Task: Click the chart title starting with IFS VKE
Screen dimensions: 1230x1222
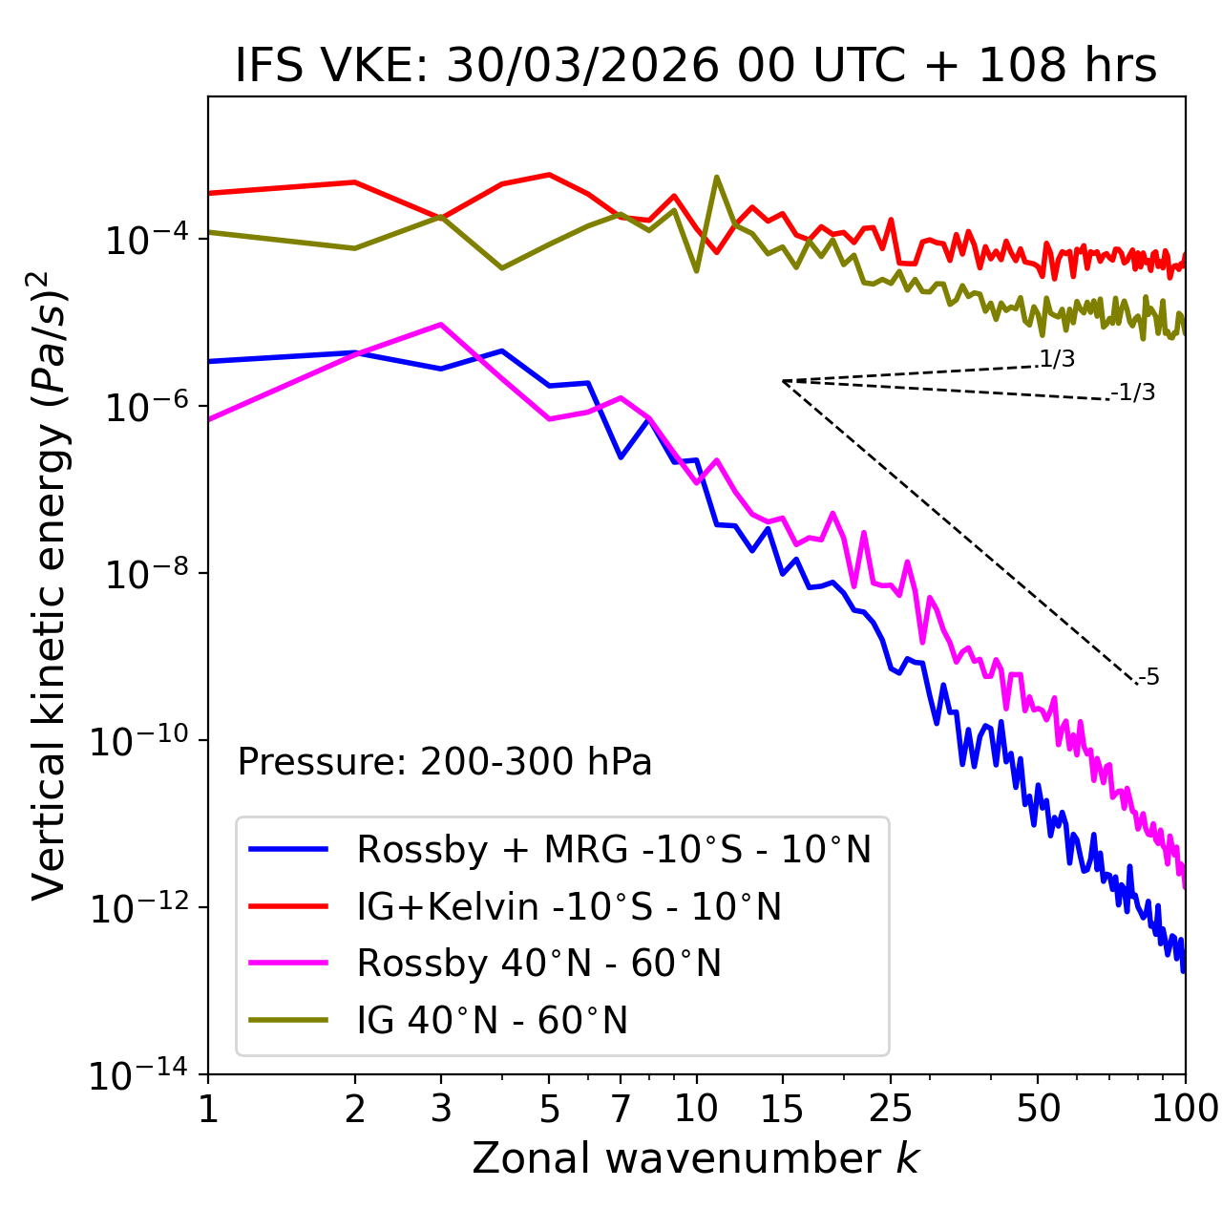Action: (x=696, y=67)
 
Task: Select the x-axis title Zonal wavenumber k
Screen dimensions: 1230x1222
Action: (x=696, y=1159)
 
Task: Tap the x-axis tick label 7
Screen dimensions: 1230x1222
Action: (x=621, y=1109)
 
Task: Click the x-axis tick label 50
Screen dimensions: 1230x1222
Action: (x=1038, y=1109)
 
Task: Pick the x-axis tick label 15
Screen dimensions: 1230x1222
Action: (x=782, y=1109)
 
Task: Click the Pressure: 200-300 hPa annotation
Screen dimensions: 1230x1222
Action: (x=445, y=763)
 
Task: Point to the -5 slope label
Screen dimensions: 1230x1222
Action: (x=1148, y=678)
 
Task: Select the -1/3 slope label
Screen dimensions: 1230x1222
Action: (x=1133, y=392)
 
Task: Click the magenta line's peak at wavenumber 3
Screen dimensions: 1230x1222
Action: (x=440, y=325)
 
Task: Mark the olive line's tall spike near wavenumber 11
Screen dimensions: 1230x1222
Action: (x=717, y=178)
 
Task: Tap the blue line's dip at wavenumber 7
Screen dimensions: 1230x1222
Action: (x=621, y=456)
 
